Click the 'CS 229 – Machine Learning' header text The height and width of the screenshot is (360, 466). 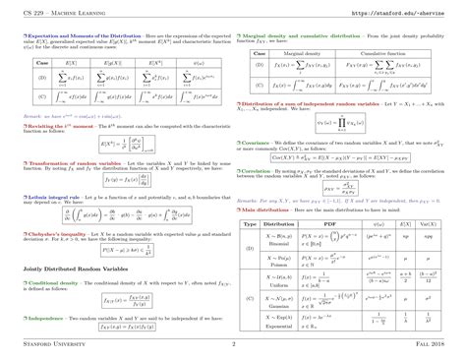click(60, 13)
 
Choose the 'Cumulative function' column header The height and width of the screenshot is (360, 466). click(385, 52)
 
